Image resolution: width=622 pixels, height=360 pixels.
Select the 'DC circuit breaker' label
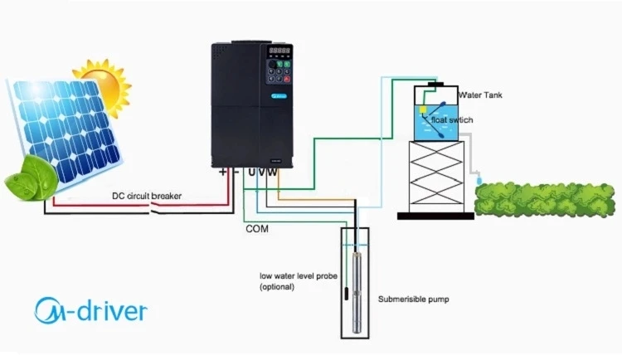coord(147,196)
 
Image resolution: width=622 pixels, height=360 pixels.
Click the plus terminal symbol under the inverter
coord(223,172)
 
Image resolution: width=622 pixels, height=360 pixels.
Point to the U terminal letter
coord(251,172)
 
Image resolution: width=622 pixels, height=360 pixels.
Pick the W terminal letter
coord(272,172)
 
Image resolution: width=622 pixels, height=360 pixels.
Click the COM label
coord(257,229)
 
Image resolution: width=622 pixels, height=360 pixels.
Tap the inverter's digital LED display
coord(279,51)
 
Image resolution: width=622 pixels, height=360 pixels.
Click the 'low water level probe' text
coord(299,276)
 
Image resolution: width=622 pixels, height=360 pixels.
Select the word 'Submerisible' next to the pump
coord(397,299)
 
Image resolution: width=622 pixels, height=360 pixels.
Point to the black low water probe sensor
coord(346,293)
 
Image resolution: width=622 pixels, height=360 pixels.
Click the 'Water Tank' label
coord(480,95)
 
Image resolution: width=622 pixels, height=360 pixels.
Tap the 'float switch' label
coord(452,120)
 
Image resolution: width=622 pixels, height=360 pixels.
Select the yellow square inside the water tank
coord(423,109)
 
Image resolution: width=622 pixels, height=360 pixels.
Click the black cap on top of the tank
coord(436,84)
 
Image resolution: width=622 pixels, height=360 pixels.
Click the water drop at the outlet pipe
coord(479,180)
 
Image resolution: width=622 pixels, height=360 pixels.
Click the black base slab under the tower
coord(436,216)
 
